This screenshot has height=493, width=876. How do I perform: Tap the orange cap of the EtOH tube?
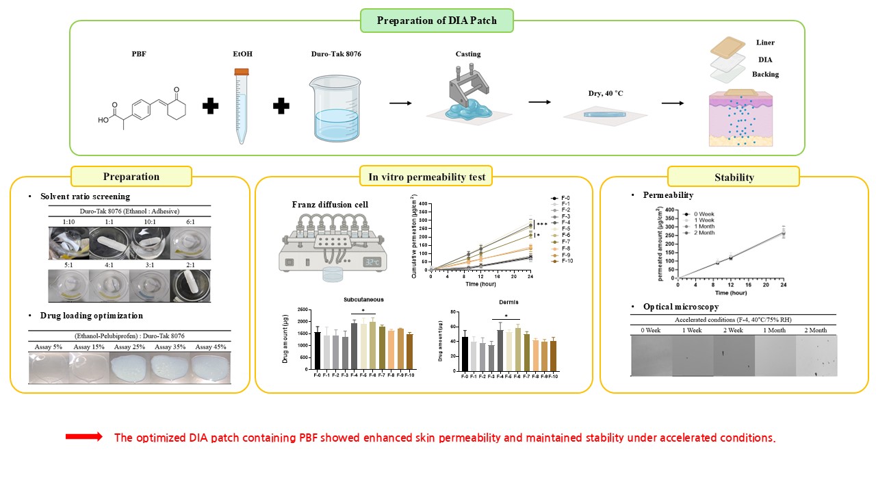[x=241, y=71]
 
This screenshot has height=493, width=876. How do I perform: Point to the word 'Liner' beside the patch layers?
[x=765, y=42]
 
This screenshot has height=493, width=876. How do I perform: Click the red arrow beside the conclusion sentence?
[x=83, y=437]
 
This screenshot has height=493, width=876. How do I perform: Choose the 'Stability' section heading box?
[x=734, y=177]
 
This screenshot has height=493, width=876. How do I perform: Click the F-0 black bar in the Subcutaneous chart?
[x=317, y=350]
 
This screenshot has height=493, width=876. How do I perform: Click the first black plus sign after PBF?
[x=212, y=105]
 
